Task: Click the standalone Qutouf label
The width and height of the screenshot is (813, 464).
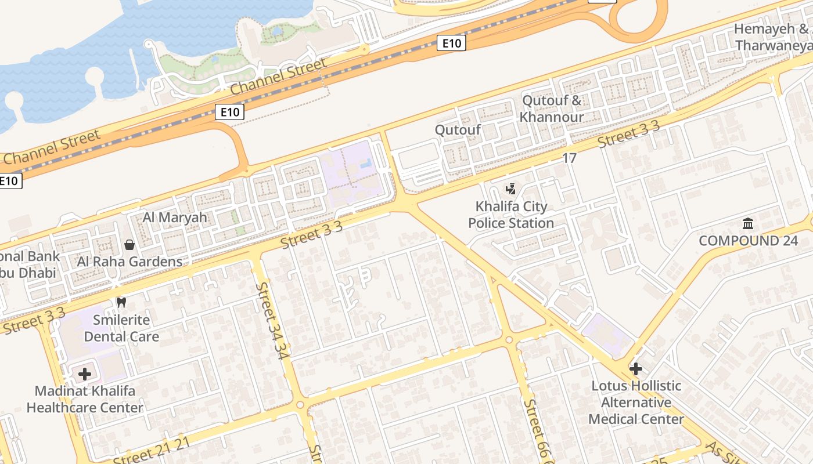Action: point(458,129)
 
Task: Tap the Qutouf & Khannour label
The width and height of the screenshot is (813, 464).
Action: point(551,108)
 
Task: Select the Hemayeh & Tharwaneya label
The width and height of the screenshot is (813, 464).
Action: point(772,37)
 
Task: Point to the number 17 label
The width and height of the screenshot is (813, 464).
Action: point(569,158)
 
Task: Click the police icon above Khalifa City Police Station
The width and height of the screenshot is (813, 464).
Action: point(510,188)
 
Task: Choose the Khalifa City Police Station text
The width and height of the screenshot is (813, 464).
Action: point(511,215)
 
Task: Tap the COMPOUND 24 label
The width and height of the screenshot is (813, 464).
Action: point(748,241)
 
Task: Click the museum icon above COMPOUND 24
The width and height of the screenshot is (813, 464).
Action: point(748,223)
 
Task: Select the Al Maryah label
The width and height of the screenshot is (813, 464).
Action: point(175,218)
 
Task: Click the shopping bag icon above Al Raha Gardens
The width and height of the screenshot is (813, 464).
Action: point(129,245)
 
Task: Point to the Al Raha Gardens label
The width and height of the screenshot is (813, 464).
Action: point(129,262)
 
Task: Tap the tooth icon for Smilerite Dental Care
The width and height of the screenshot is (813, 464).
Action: point(121,302)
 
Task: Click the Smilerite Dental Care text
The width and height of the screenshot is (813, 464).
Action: point(121,328)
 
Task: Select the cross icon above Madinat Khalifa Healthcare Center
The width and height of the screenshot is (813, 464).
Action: point(85,374)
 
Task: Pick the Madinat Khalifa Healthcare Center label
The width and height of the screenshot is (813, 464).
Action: point(85,400)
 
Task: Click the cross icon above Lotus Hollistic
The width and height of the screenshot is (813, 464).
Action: point(636,368)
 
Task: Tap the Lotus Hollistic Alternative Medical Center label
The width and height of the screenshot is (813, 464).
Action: point(636,403)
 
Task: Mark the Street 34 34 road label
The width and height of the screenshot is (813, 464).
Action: point(272,320)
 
